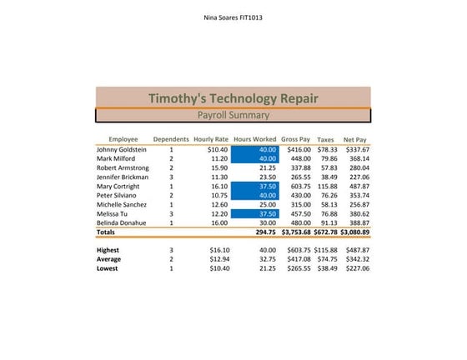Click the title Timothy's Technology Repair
(x=233, y=97)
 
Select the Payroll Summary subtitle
(x=233, y=115)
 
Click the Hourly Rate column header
(x=210, y=139)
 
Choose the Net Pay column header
(x=355, y=139)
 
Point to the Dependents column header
(x=171, y=139)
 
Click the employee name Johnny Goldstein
(x=122, y=149)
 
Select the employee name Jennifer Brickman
(x=123, y=177)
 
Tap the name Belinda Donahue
(x=122, y=222)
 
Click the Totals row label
(x=106, y=232)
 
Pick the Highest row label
(x=108, y=249)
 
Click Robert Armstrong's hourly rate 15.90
(x=218, y=167)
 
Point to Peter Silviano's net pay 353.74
(x=359, y=195)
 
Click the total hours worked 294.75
(x=264, y=232)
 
